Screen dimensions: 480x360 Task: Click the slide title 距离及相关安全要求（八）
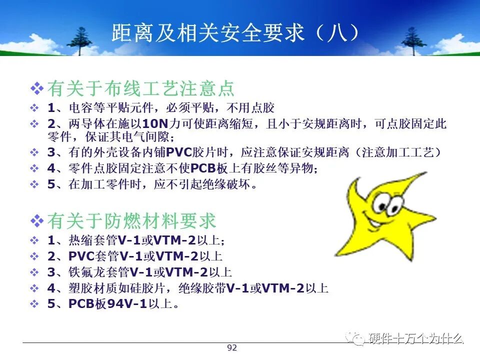tap(235, 32)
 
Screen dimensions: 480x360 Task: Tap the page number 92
tap(232, 347)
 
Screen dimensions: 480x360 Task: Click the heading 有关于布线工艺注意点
tap(141, 88)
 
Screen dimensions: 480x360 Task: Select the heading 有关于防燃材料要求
tap(131, 220)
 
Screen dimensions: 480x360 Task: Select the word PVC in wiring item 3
tap(179, 152)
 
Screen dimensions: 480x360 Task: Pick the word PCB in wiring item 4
tap(203, 168)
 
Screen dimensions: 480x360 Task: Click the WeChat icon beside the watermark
tap(355, 338)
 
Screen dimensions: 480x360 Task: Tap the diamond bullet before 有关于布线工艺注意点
tap(37, 88)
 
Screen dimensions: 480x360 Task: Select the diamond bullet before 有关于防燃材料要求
tap(37, 220)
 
